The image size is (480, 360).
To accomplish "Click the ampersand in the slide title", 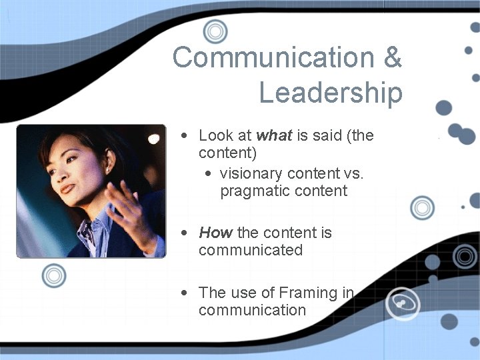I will pyautogui.click(x=392, y=58).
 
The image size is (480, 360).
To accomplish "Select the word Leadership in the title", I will pyautogui.click(x=331, y=92).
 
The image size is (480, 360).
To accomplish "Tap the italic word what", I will pyautogui.click(x=274, y=136).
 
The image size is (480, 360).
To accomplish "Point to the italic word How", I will pyautogui.click(x=215, y=233).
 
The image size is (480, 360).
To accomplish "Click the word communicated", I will pyautogui.click(x=251, y=250).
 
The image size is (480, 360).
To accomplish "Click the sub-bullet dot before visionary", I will pyautogui.click(x=209, y=174).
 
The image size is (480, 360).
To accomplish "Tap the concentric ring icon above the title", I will pyautogui.click(x=215, y=31).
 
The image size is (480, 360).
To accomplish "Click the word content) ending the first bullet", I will pyautogui.click(x=227, y=153).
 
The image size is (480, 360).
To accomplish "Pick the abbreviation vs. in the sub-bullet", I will pyautogui.click(x=353, y=173).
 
